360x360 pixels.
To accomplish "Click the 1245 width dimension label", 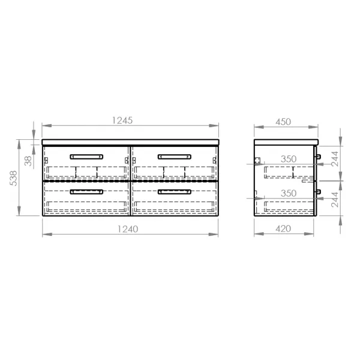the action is coord(122,121).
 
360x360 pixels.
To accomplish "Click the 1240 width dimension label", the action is coord(128,229).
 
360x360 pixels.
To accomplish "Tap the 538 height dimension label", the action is coord(14,178).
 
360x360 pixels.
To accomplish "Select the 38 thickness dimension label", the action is coord(28,161).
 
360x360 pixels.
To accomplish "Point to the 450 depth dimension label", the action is coord(283,122).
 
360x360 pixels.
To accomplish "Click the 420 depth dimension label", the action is coord(283,229).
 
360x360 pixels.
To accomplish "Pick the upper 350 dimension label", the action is coord(289,159).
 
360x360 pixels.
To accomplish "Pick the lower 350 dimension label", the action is coord(289,193).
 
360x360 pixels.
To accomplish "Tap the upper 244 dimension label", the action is coord(335,158).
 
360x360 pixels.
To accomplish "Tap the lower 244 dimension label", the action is coord(335,200).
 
